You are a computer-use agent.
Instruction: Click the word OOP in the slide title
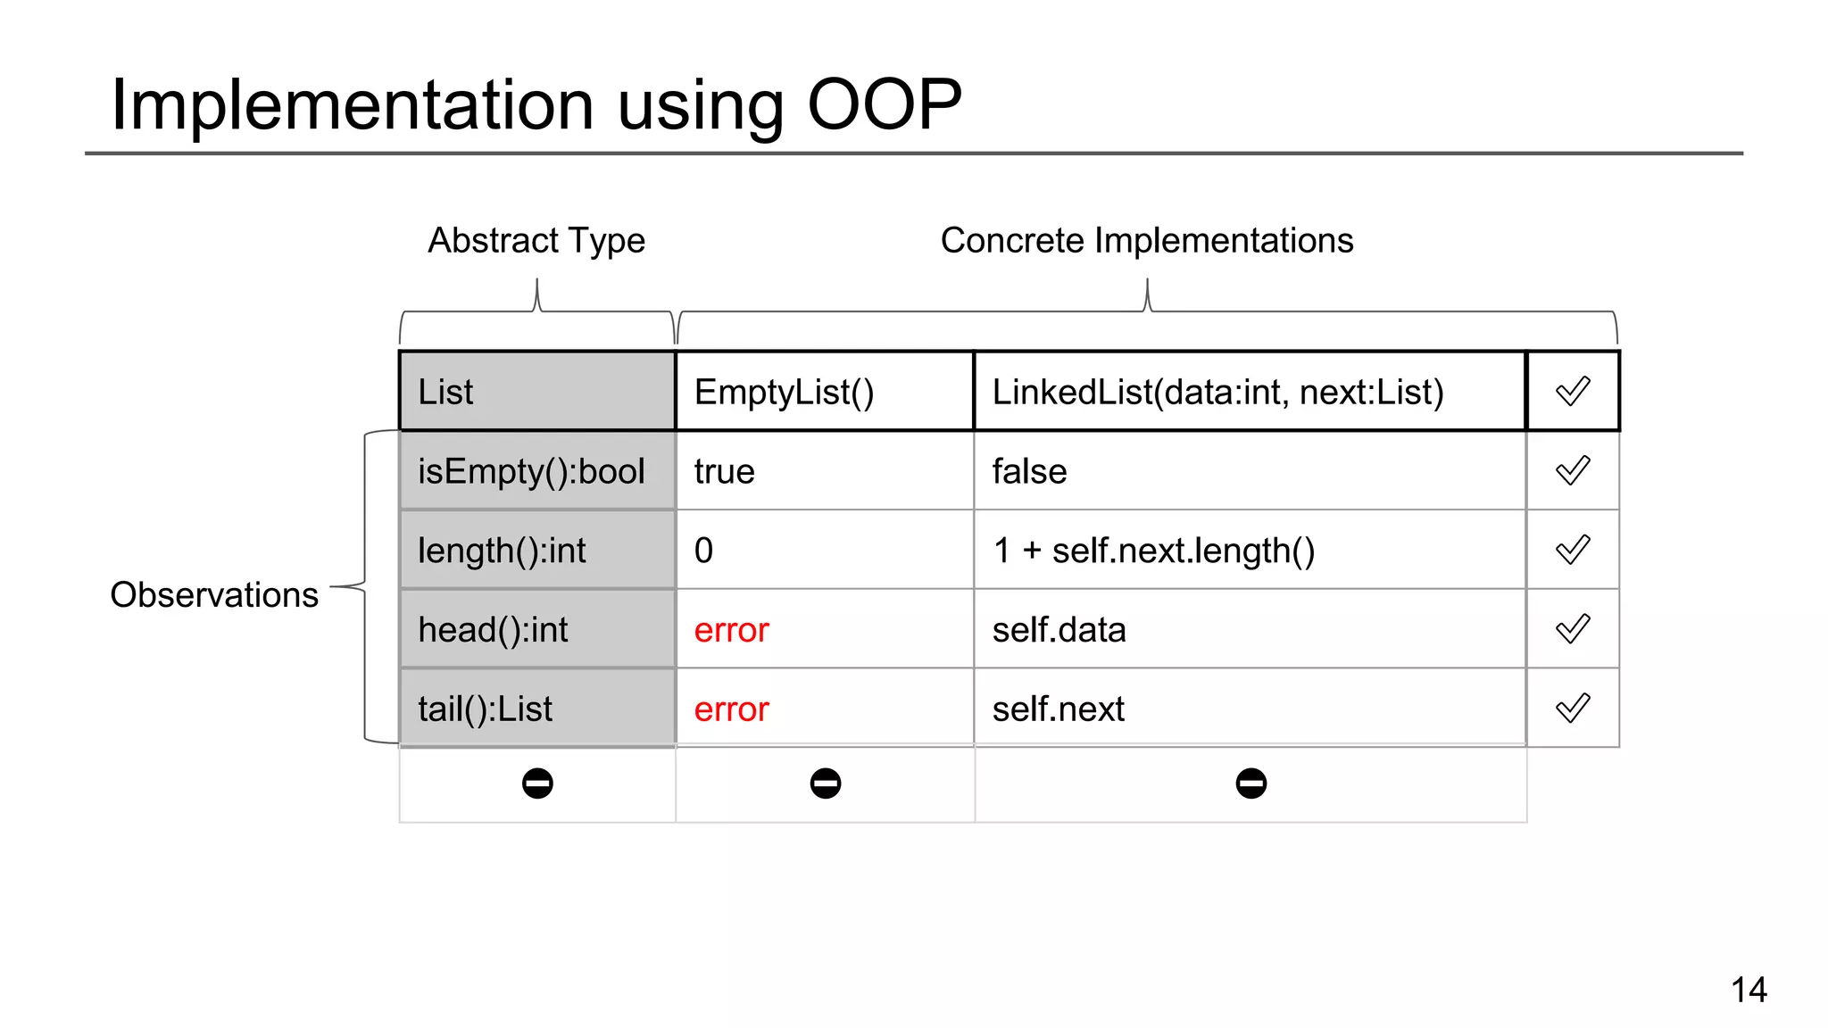tap(884, 104)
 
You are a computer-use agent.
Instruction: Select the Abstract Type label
tap(536, 241)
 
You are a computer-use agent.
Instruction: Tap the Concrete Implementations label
tap(1146, 241)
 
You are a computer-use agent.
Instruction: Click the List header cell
tap(536, 392)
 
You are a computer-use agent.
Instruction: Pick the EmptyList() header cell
tap(823, 392)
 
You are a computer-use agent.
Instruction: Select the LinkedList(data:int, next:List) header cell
tap(1248, 392)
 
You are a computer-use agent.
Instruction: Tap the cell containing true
tap(823, 471)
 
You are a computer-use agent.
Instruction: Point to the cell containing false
tap(1248, 471)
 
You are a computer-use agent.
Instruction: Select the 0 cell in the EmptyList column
tap(823, 551)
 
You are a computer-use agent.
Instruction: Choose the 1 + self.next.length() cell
tap(1248, 551)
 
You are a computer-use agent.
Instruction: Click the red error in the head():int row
tap(731, 630)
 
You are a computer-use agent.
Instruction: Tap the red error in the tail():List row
tap(731, 709)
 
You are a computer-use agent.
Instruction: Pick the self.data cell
tap(1248, 630)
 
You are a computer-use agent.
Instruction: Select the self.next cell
tap(1248, 709)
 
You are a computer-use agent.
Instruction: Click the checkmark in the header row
tap(1573, 392)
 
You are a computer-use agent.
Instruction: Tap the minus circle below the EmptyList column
tap(826, 783)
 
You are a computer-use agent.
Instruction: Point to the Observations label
tap(214, 595)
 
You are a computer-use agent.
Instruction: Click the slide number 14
tap(1749, 990)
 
